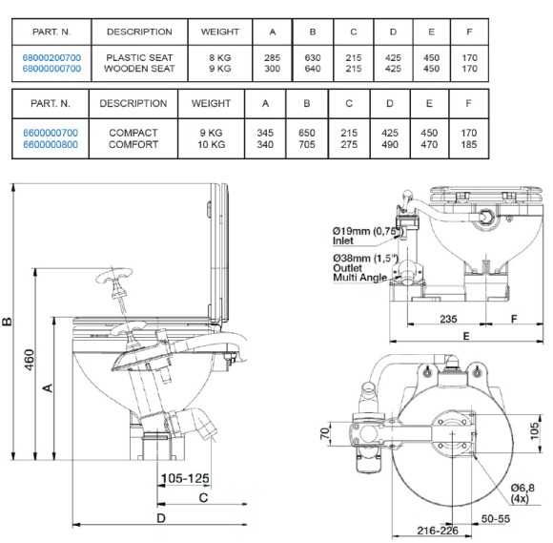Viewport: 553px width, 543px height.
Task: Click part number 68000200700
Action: (x=51, y=57)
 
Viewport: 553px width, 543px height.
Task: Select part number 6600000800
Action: (x=51, y=144)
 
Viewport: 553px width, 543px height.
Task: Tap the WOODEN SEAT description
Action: (x=139, y=69)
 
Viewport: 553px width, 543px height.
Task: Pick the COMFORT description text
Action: (x=133, y=144)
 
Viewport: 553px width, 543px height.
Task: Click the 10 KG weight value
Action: (x=211, y=144)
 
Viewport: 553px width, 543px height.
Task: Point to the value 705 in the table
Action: (x=306, y=144)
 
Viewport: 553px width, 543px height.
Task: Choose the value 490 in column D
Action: (x=390, y=144)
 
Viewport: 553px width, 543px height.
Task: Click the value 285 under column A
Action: (x=272, y=57)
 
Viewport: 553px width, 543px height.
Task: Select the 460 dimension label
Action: (x=30, y=360)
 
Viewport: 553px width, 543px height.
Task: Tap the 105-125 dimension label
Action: (x=185, y=478)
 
